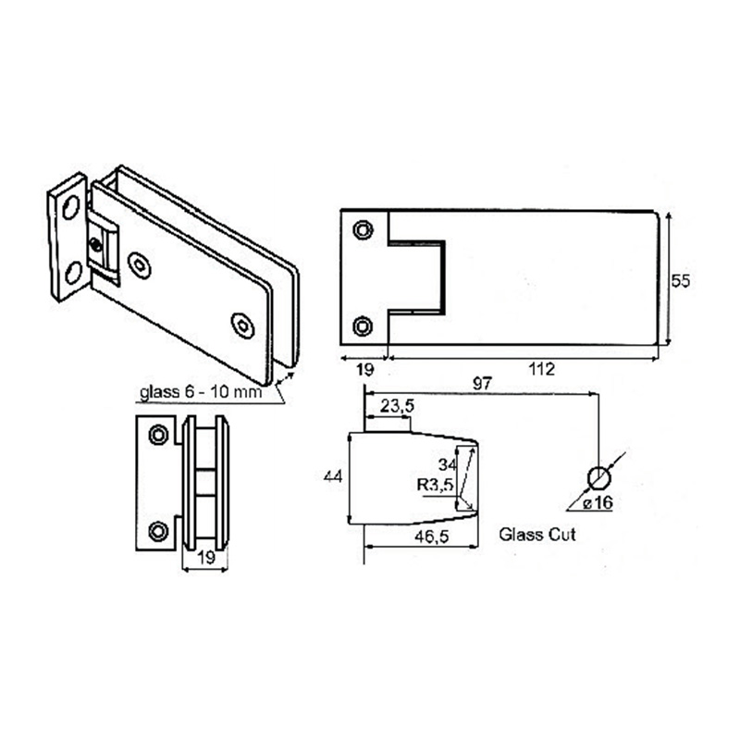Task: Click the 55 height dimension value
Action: tap(680, 281)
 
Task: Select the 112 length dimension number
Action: tap(541, 369)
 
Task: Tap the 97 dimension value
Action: tap(482, 383)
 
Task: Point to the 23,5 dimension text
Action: tap(398, 405)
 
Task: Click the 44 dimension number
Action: tap(333, 476)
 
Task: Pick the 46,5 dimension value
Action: tap(431, 536)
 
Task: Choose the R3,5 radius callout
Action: tap(435, 485)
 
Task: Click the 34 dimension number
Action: tap(448, 465)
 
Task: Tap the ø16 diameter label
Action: tap(598, 502)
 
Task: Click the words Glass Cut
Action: tap(537, 535)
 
